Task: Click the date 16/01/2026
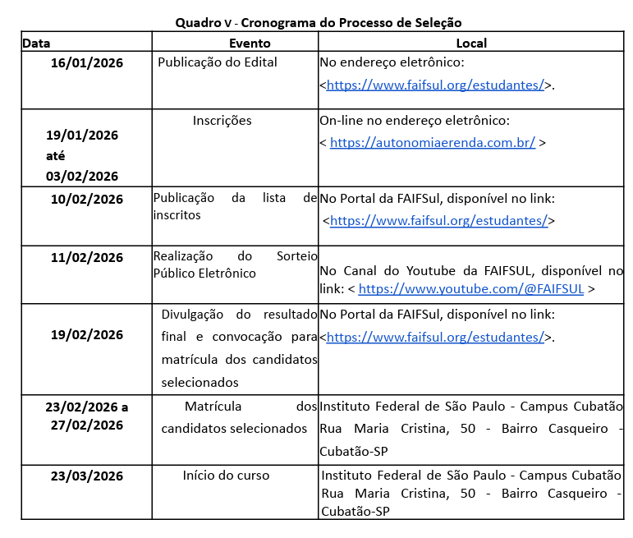click(x=86, y=62)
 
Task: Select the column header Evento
click(x=250, y=43)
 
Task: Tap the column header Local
click(x=471, y=43)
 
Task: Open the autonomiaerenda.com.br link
click(x=433, y=142)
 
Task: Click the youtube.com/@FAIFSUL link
click(x=471, y=289)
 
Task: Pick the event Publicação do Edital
click(x=218, y=62)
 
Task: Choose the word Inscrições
click(x=222, y=121)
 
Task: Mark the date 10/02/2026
click(x=86, y=199)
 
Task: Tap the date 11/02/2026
click(x=86, y=257)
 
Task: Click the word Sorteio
click(x=293, y=256)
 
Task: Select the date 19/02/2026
click(x=86, y=334)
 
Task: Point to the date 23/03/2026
click(x=86, y=476)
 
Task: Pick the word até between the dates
click(x=56, y=155)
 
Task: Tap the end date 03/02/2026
click(x=82, y=176)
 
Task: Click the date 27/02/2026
click(x=86, y=425)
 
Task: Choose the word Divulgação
click(x=193, y=314)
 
